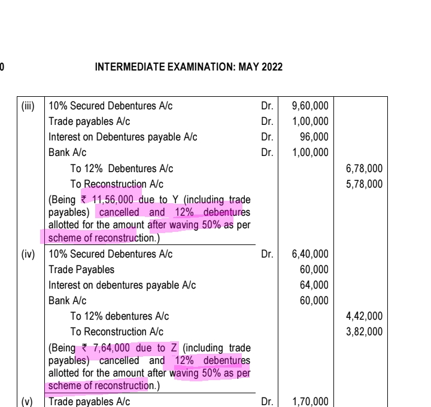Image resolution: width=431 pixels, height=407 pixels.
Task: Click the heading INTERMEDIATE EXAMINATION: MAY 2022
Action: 189,68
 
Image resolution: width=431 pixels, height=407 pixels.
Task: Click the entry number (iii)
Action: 28,106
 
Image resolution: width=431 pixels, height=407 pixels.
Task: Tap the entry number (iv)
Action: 28,254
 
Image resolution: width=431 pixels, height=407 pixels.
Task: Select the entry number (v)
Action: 28,401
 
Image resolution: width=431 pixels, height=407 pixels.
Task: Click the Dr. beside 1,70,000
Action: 268,401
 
